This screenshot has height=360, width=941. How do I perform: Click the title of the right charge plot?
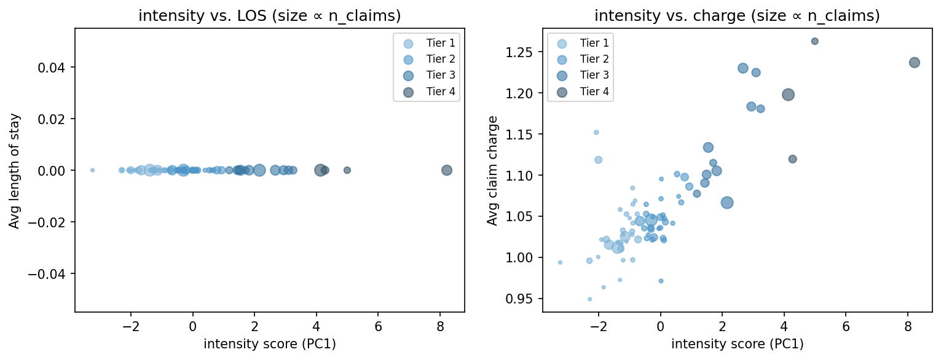click(x=737, y=17)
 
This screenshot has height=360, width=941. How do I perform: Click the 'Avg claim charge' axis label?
click(x=492, y=170)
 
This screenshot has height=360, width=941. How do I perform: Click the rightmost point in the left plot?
click(x=447, y=170)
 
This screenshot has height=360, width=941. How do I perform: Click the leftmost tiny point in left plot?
click(x=92, y=170)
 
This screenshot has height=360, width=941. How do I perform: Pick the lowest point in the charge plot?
click(x=589, y=299)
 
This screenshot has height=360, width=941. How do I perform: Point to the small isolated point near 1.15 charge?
click(x=596, y=132)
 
